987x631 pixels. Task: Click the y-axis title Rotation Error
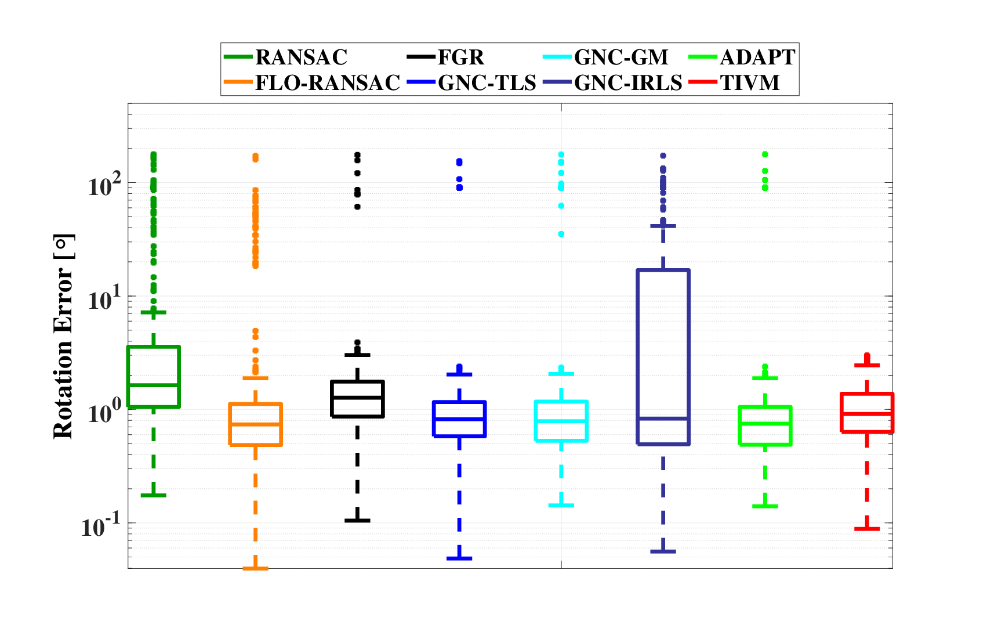pyautogui.click(x=63, y=337)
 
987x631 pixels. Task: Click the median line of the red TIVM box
pyautogui.click(x=867, y=413)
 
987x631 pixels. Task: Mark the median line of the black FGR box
pyautogui.click(x=357, y=397)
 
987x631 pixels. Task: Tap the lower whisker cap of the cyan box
pyautogui.click(x=561, y=506)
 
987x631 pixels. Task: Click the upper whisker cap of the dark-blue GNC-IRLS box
pyautogui.click(x=663, y=226)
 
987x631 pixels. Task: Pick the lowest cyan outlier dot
pyautogui.click(x=561, y=234)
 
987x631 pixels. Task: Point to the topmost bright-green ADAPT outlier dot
pyautogui.click(x=765, y=154)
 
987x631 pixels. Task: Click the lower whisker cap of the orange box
pyautogui.click(x=255, y=568)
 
